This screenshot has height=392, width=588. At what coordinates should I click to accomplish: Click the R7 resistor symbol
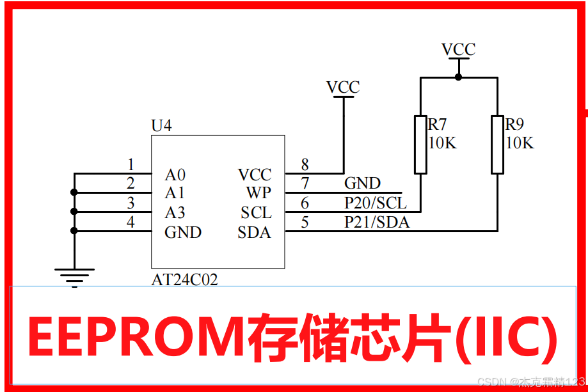tap(420, 145)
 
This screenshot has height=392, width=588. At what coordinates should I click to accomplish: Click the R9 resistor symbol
tap(497, 145)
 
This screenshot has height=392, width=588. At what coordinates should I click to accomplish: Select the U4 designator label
tap(161, 125)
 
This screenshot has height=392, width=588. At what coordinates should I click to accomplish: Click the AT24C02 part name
tap(184, 280)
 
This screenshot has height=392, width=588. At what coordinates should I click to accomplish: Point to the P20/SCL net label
tap(375, 203)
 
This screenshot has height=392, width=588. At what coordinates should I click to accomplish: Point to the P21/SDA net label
tap(377, 223)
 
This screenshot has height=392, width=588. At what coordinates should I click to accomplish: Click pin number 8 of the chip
tap(305, 165)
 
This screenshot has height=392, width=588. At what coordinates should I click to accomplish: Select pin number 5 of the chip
tap(305, 223)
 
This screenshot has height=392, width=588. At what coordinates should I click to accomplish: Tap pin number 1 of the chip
tap(131, 165)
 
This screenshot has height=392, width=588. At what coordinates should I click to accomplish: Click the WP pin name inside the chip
tap(258, 193)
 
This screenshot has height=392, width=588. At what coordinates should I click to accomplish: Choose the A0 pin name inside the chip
tap(175, 175)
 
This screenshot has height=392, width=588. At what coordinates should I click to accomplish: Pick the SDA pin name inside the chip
tap(254, 232)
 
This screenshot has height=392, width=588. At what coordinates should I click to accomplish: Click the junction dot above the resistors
tap(458, 77)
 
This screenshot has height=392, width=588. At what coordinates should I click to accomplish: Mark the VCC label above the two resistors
tap(458, 49)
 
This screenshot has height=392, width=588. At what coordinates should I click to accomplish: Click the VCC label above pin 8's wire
tap(343, 87)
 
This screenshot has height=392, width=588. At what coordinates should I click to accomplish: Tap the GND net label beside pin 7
tap(362, 184)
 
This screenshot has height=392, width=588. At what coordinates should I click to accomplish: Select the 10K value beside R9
tap(520, 143)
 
